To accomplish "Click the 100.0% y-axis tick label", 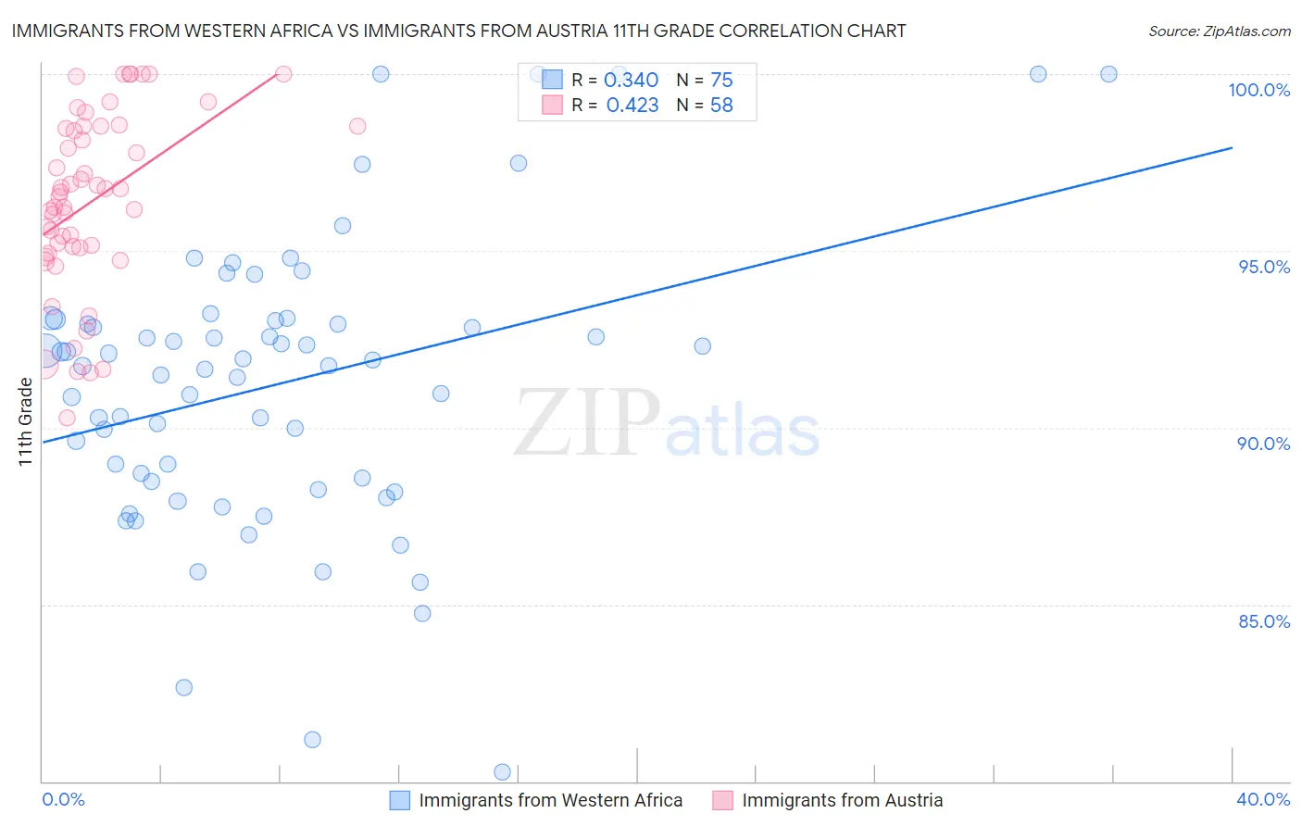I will [1258, 90].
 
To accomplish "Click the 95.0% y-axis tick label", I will [1264, 267].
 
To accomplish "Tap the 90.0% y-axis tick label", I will [1264, 444].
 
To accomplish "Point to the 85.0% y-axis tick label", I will [1264, 621].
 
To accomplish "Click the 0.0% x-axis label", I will [63, 799].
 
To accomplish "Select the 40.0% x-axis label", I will [1263, 799].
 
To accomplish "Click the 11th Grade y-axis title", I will [25, 421].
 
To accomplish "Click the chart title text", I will [458, 31].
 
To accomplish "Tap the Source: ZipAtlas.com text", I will [1219, 31].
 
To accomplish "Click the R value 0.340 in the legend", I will [631, 81].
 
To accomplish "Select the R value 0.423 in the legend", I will [632, 106].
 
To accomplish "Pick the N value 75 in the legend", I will [721, 81].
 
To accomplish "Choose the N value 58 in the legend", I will [721, 106].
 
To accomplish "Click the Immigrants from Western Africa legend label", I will [550, 800].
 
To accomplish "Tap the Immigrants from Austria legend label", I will [842, 800].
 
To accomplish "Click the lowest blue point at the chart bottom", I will [503, 771].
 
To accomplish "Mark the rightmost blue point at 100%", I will [1108, 74].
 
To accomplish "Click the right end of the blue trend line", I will [1232, 147].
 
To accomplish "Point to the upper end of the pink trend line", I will [277, 72].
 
